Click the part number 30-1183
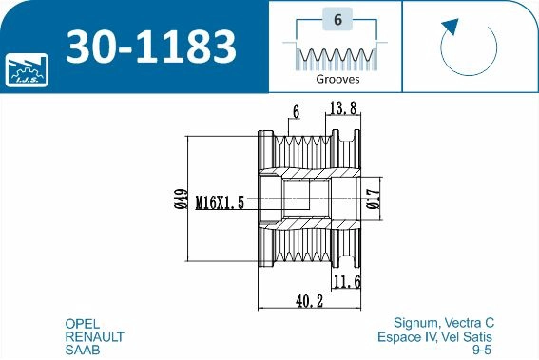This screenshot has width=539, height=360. point(150,45)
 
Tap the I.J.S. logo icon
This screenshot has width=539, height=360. point(25,68)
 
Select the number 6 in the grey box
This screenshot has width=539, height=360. point(337,19)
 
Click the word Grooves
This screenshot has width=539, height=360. point(337,81)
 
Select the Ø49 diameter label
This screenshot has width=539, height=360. point(178,200)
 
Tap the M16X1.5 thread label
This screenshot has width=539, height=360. point(221,202)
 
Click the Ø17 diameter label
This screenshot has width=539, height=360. point(374,199)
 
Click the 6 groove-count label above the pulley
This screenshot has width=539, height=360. point(297,112)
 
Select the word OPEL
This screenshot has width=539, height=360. point(82,323)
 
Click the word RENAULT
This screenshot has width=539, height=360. point(94,336)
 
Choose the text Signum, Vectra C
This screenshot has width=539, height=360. point(443,323)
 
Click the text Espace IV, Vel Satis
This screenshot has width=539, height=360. point(435,336)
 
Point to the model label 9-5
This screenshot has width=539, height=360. point(483,350)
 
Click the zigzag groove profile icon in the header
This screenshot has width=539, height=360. point(337,56)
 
